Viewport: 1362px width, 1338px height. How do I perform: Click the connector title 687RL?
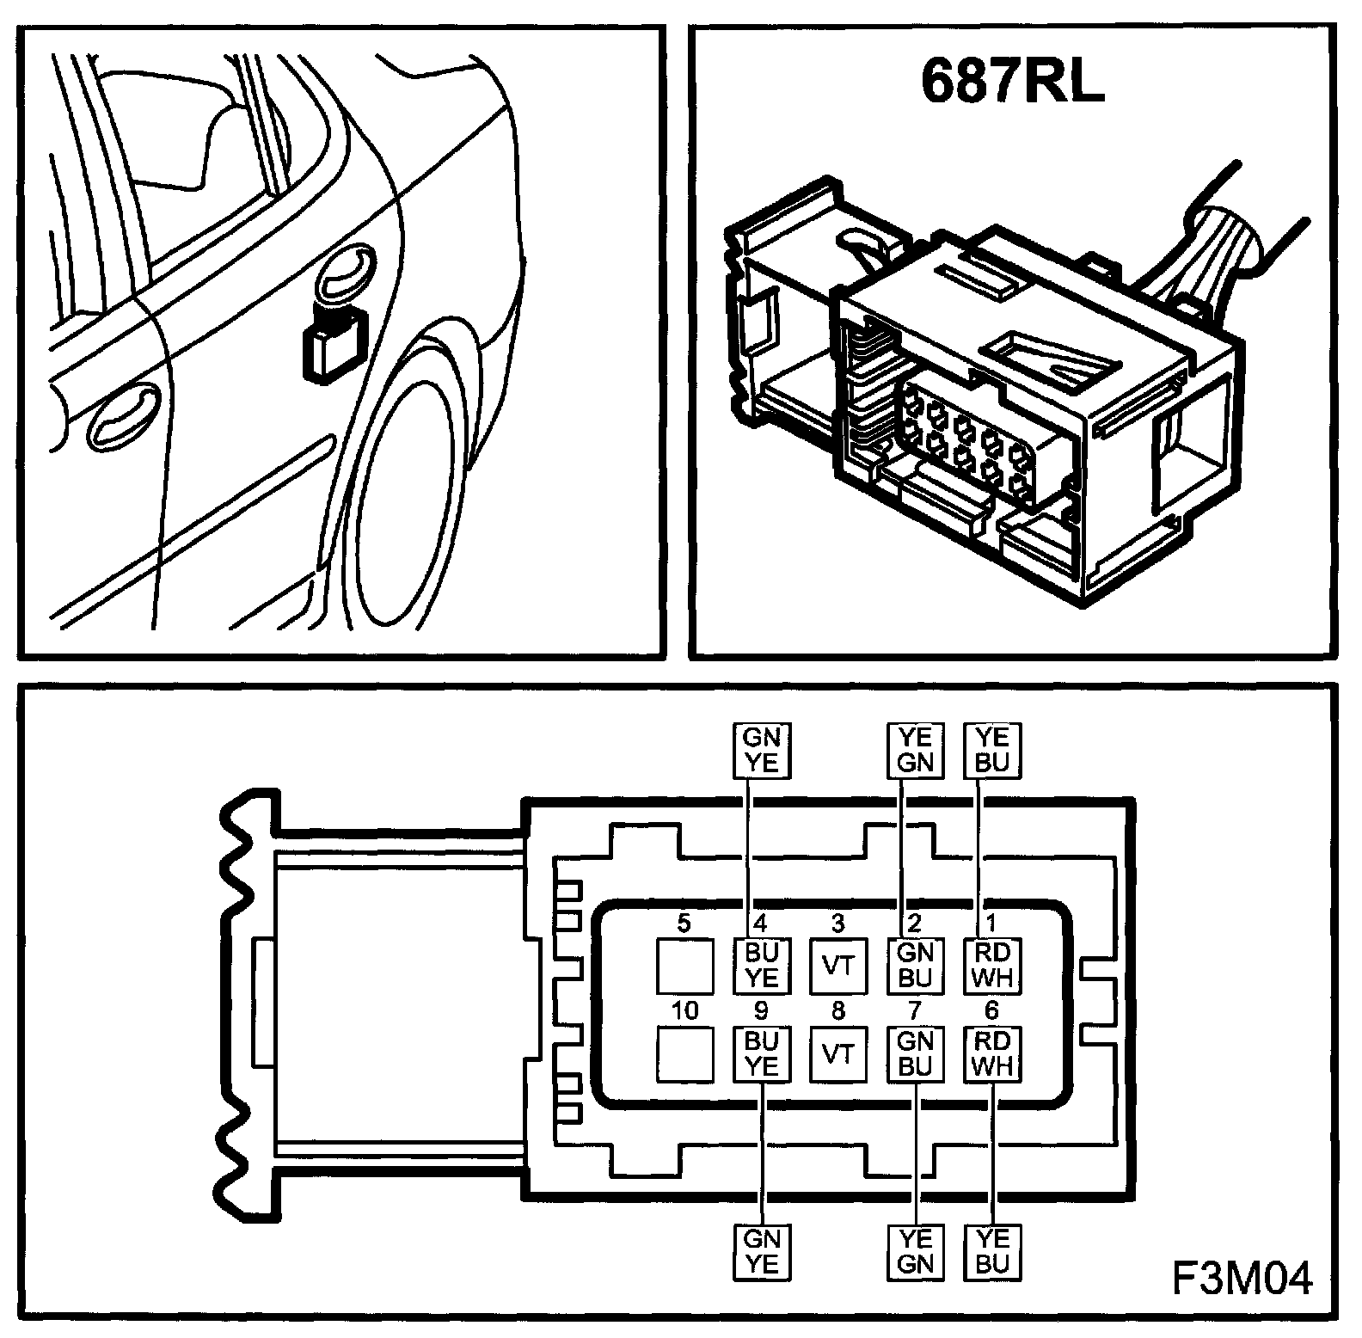[1012, 82]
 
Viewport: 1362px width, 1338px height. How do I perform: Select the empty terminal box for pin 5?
[685, 966]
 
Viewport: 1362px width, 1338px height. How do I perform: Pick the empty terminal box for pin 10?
[685, 1053]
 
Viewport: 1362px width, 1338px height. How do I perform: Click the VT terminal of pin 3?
[837, 966]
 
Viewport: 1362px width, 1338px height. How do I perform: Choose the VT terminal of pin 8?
[837, 1053]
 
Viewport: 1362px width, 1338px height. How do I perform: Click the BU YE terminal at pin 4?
[761, 966]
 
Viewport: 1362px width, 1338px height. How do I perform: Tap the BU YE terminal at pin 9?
[761, 1053]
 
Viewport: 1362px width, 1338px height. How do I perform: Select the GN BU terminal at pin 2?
[914, 966]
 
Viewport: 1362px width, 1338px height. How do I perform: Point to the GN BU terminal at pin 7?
[914, 1053]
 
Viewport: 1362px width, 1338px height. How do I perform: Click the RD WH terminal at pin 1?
[991, 966]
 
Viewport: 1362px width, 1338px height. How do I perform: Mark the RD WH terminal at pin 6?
[991, 1053]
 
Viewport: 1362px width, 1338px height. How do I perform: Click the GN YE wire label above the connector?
[761, 751]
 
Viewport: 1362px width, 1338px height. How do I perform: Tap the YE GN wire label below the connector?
[914, 1252]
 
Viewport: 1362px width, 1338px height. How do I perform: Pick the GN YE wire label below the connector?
[761, 1252]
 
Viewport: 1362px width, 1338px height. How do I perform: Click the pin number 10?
[684, 1011]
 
